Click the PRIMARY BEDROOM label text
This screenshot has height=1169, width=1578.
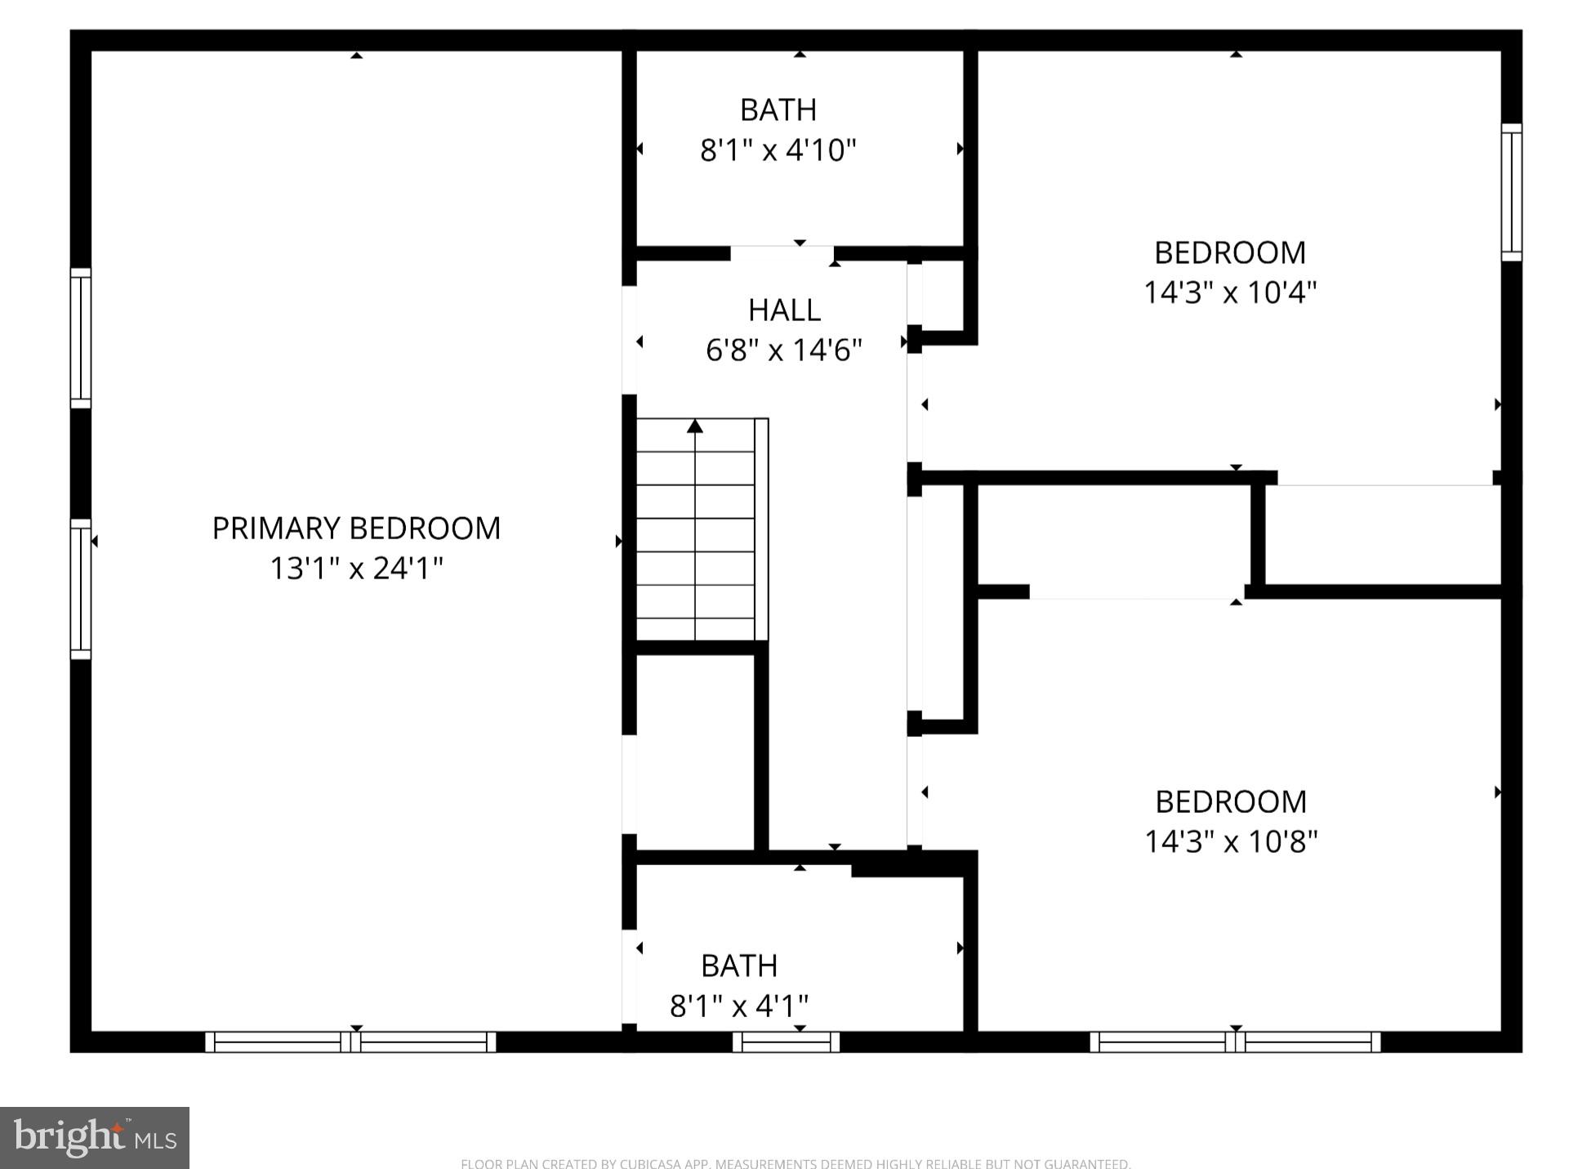tap(356, 529)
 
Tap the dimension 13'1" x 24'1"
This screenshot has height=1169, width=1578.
tap(356, 569)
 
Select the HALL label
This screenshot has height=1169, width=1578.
tap(784, 310)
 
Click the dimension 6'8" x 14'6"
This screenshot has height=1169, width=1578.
tap(784, 350)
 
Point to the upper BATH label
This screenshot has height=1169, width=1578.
tap(778, 109)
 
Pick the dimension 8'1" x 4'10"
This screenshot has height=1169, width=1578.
tap(778, 150)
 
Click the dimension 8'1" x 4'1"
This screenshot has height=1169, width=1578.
tap(738, 1006)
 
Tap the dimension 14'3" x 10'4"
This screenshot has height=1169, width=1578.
tap(1229, 292)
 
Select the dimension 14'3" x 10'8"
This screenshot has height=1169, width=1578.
tap(1230, 841)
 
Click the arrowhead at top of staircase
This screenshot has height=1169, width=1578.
tap(694, 426)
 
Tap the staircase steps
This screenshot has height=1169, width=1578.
tap(695, 539)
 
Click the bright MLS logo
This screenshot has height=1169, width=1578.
tap(95, 1138)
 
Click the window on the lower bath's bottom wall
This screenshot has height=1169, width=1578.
tap(786, 1042)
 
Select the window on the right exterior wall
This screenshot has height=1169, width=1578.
tap(1511, 193)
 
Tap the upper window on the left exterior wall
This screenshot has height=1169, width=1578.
tap(80, 338)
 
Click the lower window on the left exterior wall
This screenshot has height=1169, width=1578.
tap(80, 589)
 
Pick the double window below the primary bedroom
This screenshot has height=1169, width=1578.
tap(350, 1042)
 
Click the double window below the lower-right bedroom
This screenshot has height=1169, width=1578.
tap(1235, 1042)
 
